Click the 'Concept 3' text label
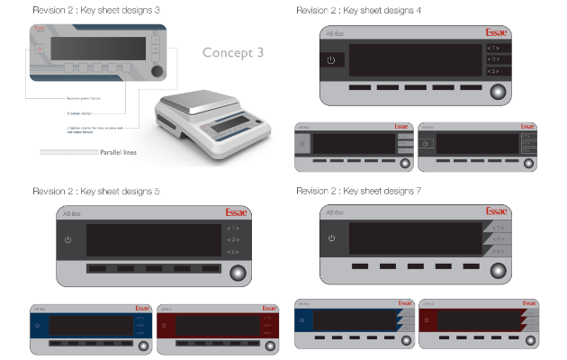[x=233, y=52]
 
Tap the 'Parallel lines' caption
[x=118, y=153]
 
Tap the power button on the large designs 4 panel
[x=331, y=59]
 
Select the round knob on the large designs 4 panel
[x=497, y=91]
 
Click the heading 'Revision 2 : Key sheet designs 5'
[x=95, y=192]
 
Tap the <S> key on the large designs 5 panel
[x=233, y=252]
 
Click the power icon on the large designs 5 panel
[x=68, y=239]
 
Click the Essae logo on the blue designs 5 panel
[x=142, y=309]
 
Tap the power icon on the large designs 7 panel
[x=331, y=238]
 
